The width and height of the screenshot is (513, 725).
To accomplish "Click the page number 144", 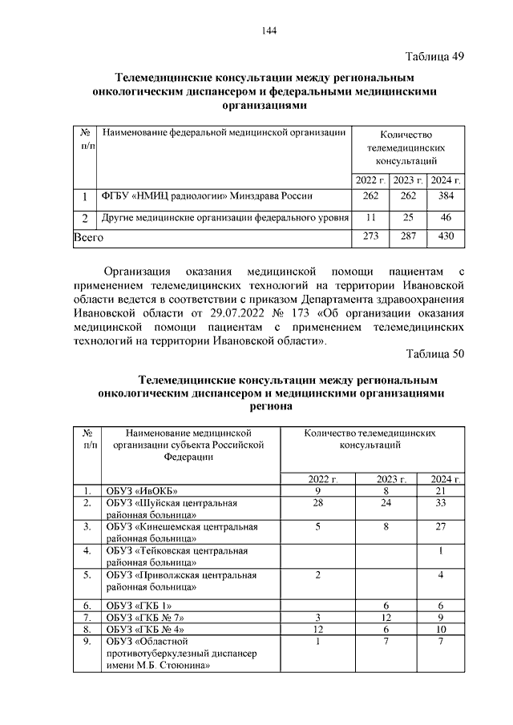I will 269,30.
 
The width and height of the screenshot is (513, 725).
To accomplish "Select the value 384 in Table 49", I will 446,195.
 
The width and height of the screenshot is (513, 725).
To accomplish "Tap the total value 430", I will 446,237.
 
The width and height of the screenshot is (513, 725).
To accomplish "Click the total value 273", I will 370,237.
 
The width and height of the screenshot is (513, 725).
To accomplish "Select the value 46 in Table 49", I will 446,217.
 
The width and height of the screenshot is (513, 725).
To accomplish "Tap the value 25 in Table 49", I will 409,217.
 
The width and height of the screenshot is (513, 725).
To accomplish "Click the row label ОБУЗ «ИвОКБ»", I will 141,490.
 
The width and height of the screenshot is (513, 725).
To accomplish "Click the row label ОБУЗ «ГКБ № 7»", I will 145,618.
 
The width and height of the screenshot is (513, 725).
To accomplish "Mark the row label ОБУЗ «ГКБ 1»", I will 139,606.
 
